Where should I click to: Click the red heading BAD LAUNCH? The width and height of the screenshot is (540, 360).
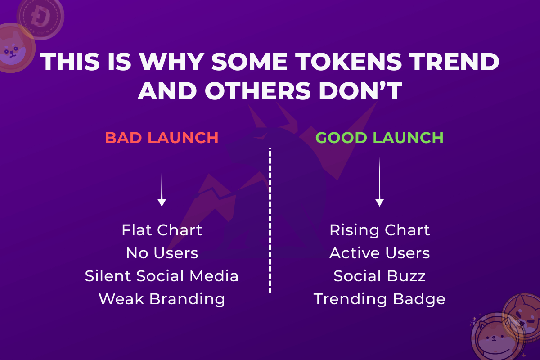162,138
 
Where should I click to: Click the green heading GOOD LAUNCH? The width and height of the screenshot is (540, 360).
379,138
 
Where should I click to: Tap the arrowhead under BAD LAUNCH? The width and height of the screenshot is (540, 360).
162,202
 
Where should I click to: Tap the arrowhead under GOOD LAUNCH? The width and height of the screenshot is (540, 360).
379,202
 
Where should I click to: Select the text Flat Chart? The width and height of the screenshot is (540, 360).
162,230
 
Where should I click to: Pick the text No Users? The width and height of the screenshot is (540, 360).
162,253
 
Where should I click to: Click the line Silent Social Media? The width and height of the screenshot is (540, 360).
162,276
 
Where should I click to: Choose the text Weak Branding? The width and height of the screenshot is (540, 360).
162,299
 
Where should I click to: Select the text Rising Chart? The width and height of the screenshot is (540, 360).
379,230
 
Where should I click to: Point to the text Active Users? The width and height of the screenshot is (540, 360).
379,253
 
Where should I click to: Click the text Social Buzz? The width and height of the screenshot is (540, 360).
379,276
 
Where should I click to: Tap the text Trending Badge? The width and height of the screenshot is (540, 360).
379,299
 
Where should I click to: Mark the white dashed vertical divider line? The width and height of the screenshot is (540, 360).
270,220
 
